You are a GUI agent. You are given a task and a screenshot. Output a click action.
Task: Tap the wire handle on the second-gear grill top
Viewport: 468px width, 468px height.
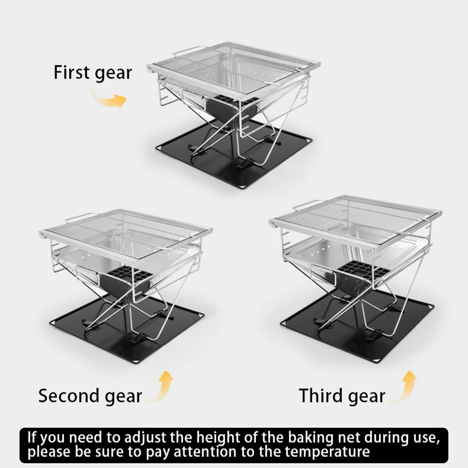coord(80,217)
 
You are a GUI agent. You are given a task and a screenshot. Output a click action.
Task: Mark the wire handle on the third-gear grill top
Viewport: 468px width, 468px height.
coord(307,205)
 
